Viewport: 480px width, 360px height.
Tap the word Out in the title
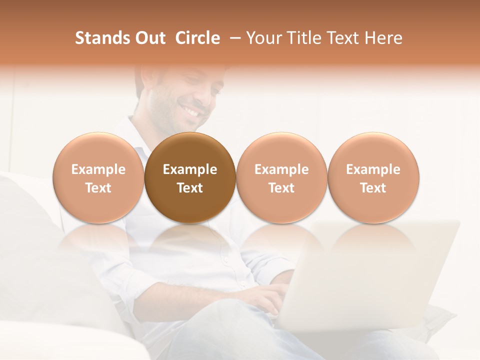(150, 38)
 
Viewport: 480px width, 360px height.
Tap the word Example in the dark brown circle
(190, 169)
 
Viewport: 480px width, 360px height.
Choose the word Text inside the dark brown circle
(190, 188)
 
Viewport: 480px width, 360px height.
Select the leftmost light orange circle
(98, 150)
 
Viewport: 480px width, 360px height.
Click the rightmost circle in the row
(373, 150)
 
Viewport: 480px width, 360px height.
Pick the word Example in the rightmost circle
(373, 169)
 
